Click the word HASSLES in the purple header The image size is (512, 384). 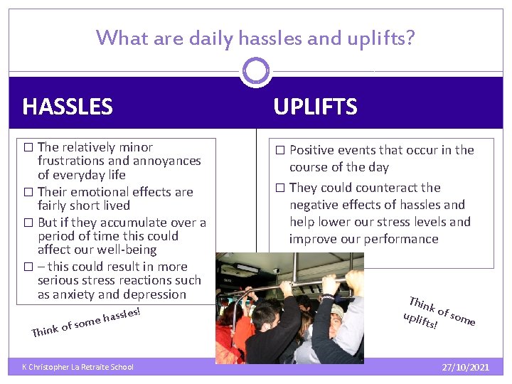click(x=68, y=107)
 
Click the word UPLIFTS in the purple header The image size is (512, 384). click(x=315, y=107)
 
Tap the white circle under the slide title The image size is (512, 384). click(x=256, y=71)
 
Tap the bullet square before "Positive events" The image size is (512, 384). click(x=279, y=150)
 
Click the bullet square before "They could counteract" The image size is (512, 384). click(x=279, y=188)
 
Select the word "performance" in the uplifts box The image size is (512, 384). click(x=402, y=239)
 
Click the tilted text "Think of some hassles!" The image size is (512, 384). click(x=86, y=321)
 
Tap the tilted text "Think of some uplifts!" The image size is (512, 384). click(x=437, y=313)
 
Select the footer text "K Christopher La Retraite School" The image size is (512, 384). click(x=78, y=367)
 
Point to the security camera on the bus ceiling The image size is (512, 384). click(x=276, y=271)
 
